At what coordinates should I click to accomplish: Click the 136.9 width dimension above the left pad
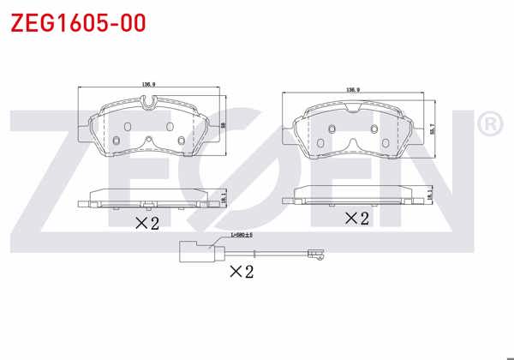pos(147,84)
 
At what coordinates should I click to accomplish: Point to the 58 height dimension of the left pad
pos(223,124)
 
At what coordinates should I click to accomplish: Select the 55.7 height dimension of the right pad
pos(433,128)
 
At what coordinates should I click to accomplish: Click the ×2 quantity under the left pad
pos(147,224)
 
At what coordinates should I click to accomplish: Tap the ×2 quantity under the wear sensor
pos(242,272)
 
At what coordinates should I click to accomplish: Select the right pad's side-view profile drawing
pos(353,195)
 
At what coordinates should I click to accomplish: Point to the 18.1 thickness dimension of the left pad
pos(224,199)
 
